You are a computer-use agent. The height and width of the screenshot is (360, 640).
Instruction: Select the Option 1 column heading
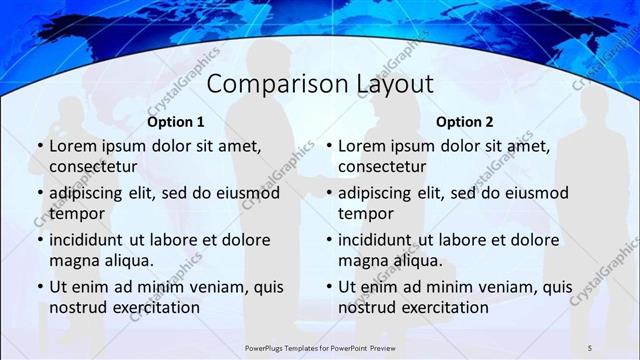[x=176, y=122]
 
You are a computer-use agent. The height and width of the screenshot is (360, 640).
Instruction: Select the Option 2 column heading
[x=465, y=122]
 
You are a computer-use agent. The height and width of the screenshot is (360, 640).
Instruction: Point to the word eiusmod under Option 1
[x=249, y=193]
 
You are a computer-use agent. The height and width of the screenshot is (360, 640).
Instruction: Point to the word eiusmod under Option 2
[x=537, y=193]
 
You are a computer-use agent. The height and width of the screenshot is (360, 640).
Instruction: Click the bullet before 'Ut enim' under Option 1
[x=40, y=287]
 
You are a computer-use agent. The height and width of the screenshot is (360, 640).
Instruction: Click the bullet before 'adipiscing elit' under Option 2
[x=328, y=193]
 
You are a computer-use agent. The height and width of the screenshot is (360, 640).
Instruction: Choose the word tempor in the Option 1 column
[x=74, y=213]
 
